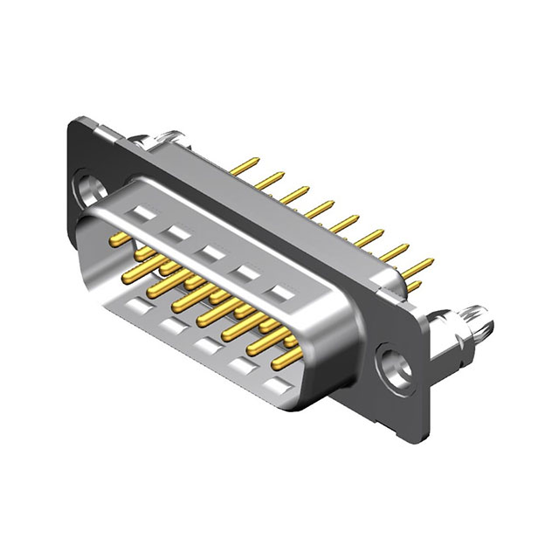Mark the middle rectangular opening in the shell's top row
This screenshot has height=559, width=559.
point(210,253)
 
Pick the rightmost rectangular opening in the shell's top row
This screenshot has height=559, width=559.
point(281,293)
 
